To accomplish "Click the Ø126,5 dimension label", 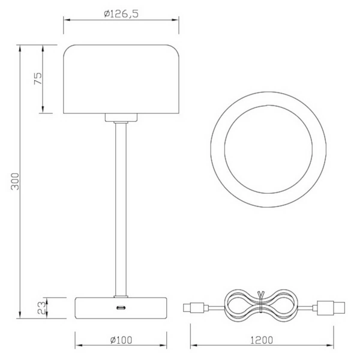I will [121, 13].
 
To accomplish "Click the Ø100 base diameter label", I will [121, 340].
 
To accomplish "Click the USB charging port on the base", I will [121, 308].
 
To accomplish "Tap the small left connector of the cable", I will [196, 308].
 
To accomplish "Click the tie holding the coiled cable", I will [260, 305].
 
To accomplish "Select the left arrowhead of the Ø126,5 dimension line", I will [67, 20].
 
